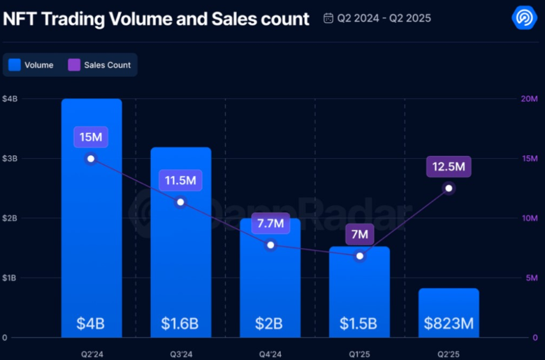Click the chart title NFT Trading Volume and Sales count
pyautogui.click(x=156, y=19)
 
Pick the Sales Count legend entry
pyautogui.click(x=99, y=65)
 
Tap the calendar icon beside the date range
pyautogui.click(x=328, y=18)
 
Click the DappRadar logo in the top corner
pyautogui.click(x=523, y=17)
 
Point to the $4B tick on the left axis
pyautogui.click(x=10, y=99)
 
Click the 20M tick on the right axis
pyautogui.click(x=530, y=99)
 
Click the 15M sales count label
pyautogui.click(x=91, y=137)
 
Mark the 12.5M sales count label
pyautogui.click(x=449, y=167)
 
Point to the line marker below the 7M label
pyautogui.click(x=360, y=256)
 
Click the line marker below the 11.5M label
pyautogui.click(x=180, y=202)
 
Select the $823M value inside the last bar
pyautogui.click(x=449, y=324)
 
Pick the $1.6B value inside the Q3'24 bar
pyautogui.click(x=180, y=324)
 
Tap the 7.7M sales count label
pyautogui.click(x=270, y=224)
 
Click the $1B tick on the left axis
pyautogui.click(x=10, y=278)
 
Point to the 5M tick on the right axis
pyautogui.click(x=530, y=278)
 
